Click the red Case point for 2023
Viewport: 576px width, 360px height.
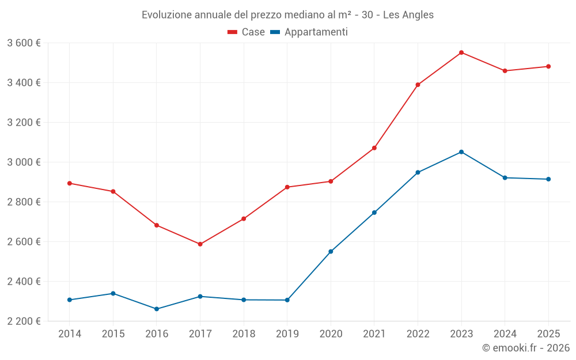point(461,52)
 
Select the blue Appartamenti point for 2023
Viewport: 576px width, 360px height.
point(461,152)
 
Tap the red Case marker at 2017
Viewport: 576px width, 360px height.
point(200,244)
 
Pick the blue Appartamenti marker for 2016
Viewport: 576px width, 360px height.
point(157,309)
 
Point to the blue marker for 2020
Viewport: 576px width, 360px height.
point(331,252)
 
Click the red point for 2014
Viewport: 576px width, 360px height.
point(70,183)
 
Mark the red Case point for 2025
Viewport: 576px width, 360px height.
point(548,66)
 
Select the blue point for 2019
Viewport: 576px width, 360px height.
point(287,300)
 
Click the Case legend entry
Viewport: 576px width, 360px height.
point(247,32)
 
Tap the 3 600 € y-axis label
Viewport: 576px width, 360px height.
point(24,43)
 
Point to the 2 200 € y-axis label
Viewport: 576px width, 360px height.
point(24,321)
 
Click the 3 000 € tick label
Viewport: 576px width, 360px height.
point(24,162)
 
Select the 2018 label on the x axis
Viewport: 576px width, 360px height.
point(244,334)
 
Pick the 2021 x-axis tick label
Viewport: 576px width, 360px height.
point(374,334)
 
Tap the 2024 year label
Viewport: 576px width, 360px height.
point(505,334)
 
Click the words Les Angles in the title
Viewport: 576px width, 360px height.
point(409,14)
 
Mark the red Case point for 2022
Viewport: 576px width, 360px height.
point(418,85)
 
